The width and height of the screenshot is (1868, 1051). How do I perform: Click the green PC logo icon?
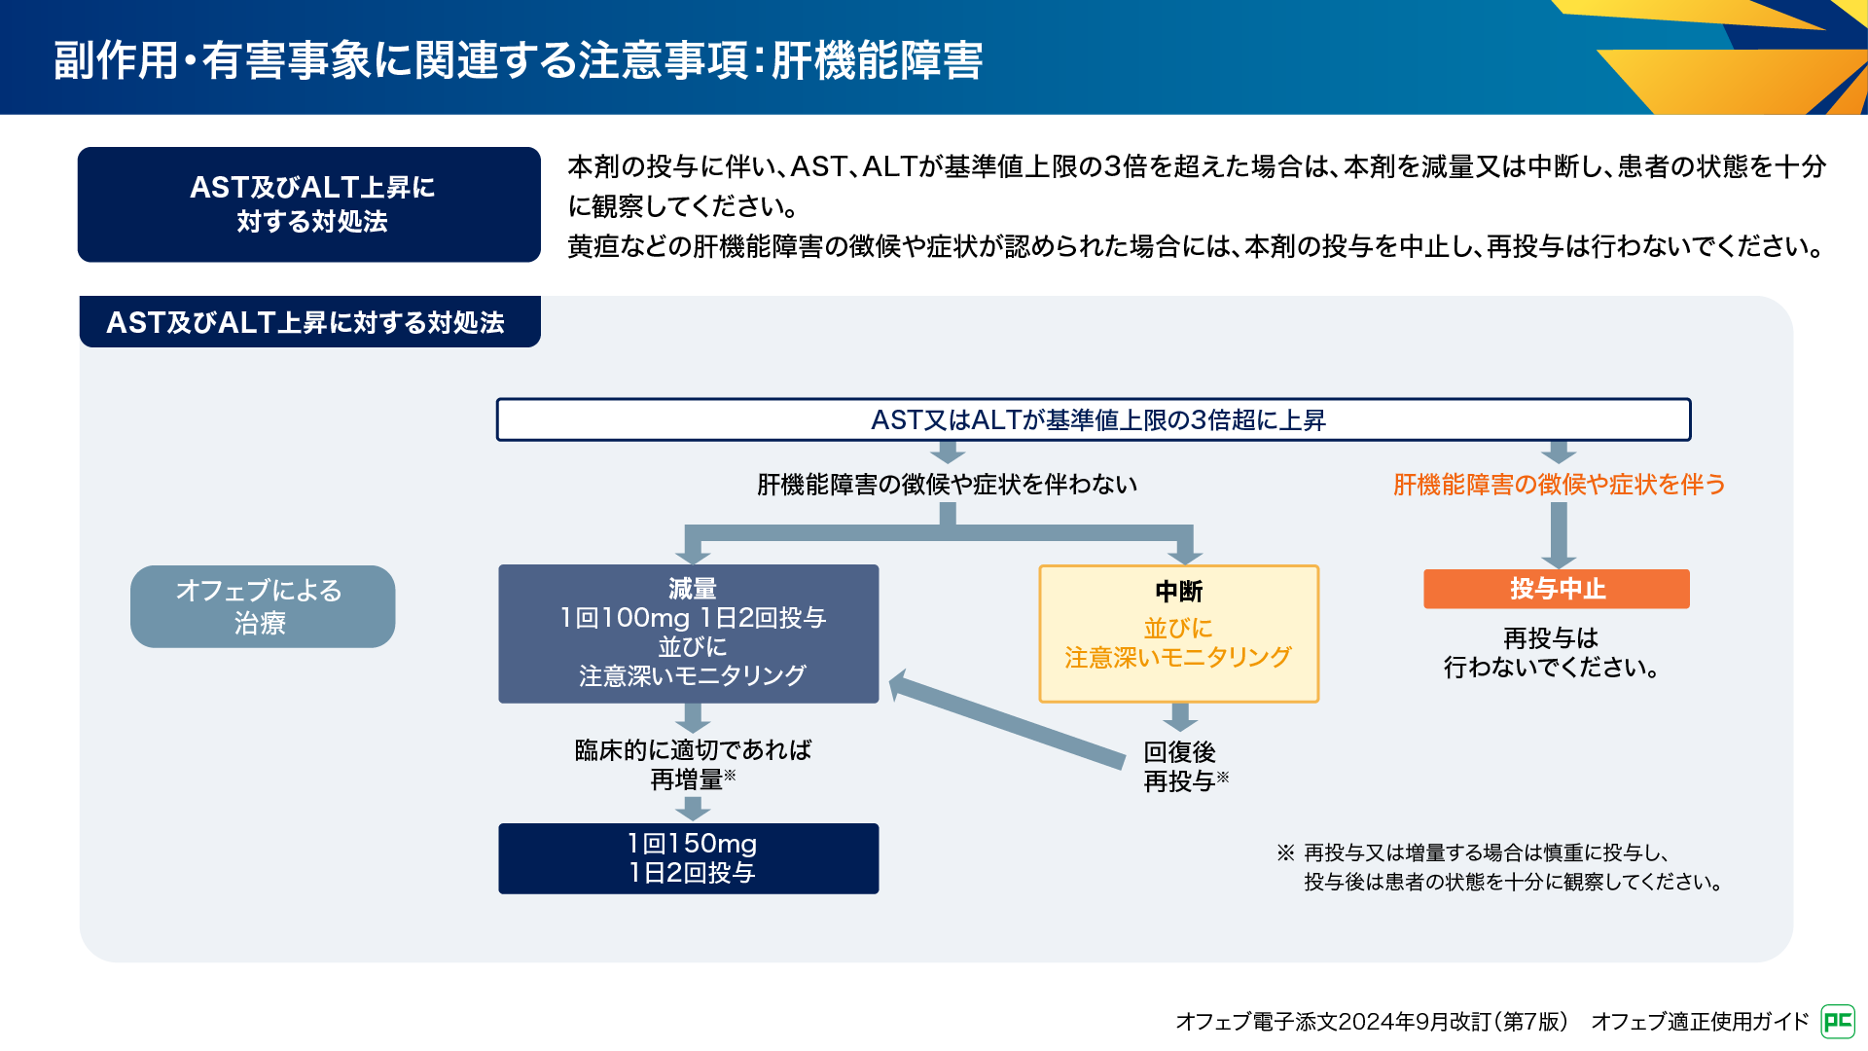1837,1021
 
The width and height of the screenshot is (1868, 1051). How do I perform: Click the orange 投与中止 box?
1556,589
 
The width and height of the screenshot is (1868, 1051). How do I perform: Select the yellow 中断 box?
1178,634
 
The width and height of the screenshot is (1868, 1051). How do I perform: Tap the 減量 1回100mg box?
688,634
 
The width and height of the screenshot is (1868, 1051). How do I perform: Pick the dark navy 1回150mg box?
688,858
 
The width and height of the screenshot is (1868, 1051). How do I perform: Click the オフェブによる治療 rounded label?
263,606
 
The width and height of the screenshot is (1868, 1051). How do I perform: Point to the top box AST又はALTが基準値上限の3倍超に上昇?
1093,419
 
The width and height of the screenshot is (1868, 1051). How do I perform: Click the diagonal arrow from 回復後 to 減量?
1007,719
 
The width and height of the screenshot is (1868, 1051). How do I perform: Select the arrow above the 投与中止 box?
1558,534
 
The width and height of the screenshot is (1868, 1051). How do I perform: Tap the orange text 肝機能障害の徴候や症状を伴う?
1559,485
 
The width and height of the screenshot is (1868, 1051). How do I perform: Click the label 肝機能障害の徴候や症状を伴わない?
947,485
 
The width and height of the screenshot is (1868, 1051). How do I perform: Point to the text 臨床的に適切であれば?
693,750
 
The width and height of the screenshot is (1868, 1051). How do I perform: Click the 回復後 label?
1179,752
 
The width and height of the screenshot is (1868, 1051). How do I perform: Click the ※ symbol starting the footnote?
1285,853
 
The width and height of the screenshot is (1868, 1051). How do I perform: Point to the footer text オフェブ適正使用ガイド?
1699,1021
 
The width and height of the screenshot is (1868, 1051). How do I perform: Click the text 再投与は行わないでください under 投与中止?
1551,653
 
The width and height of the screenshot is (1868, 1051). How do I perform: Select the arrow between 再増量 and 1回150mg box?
692,808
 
